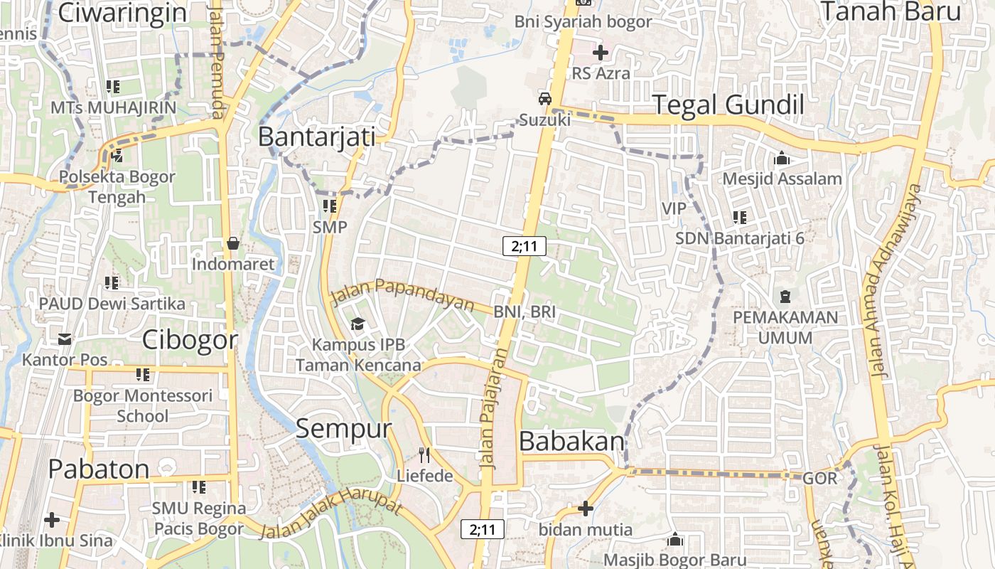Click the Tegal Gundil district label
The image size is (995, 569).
728,105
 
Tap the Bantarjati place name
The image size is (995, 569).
316,137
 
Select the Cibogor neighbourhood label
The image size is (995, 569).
190,340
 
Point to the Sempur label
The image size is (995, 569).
343,429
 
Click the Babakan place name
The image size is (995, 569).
571,442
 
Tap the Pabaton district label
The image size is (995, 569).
99,469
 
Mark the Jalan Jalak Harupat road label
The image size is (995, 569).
331,513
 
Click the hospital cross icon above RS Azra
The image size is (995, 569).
601,52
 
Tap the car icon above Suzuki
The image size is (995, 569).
544,99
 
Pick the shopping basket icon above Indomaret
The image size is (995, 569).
232,243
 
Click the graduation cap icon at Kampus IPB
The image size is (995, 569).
357,324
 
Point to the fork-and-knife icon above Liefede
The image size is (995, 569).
424,455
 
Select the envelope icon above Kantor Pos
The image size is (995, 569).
65,339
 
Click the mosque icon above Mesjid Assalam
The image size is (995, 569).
782,158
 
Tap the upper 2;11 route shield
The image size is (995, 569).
524,246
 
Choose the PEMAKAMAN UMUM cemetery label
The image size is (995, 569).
785,326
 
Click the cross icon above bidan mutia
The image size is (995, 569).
585,508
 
